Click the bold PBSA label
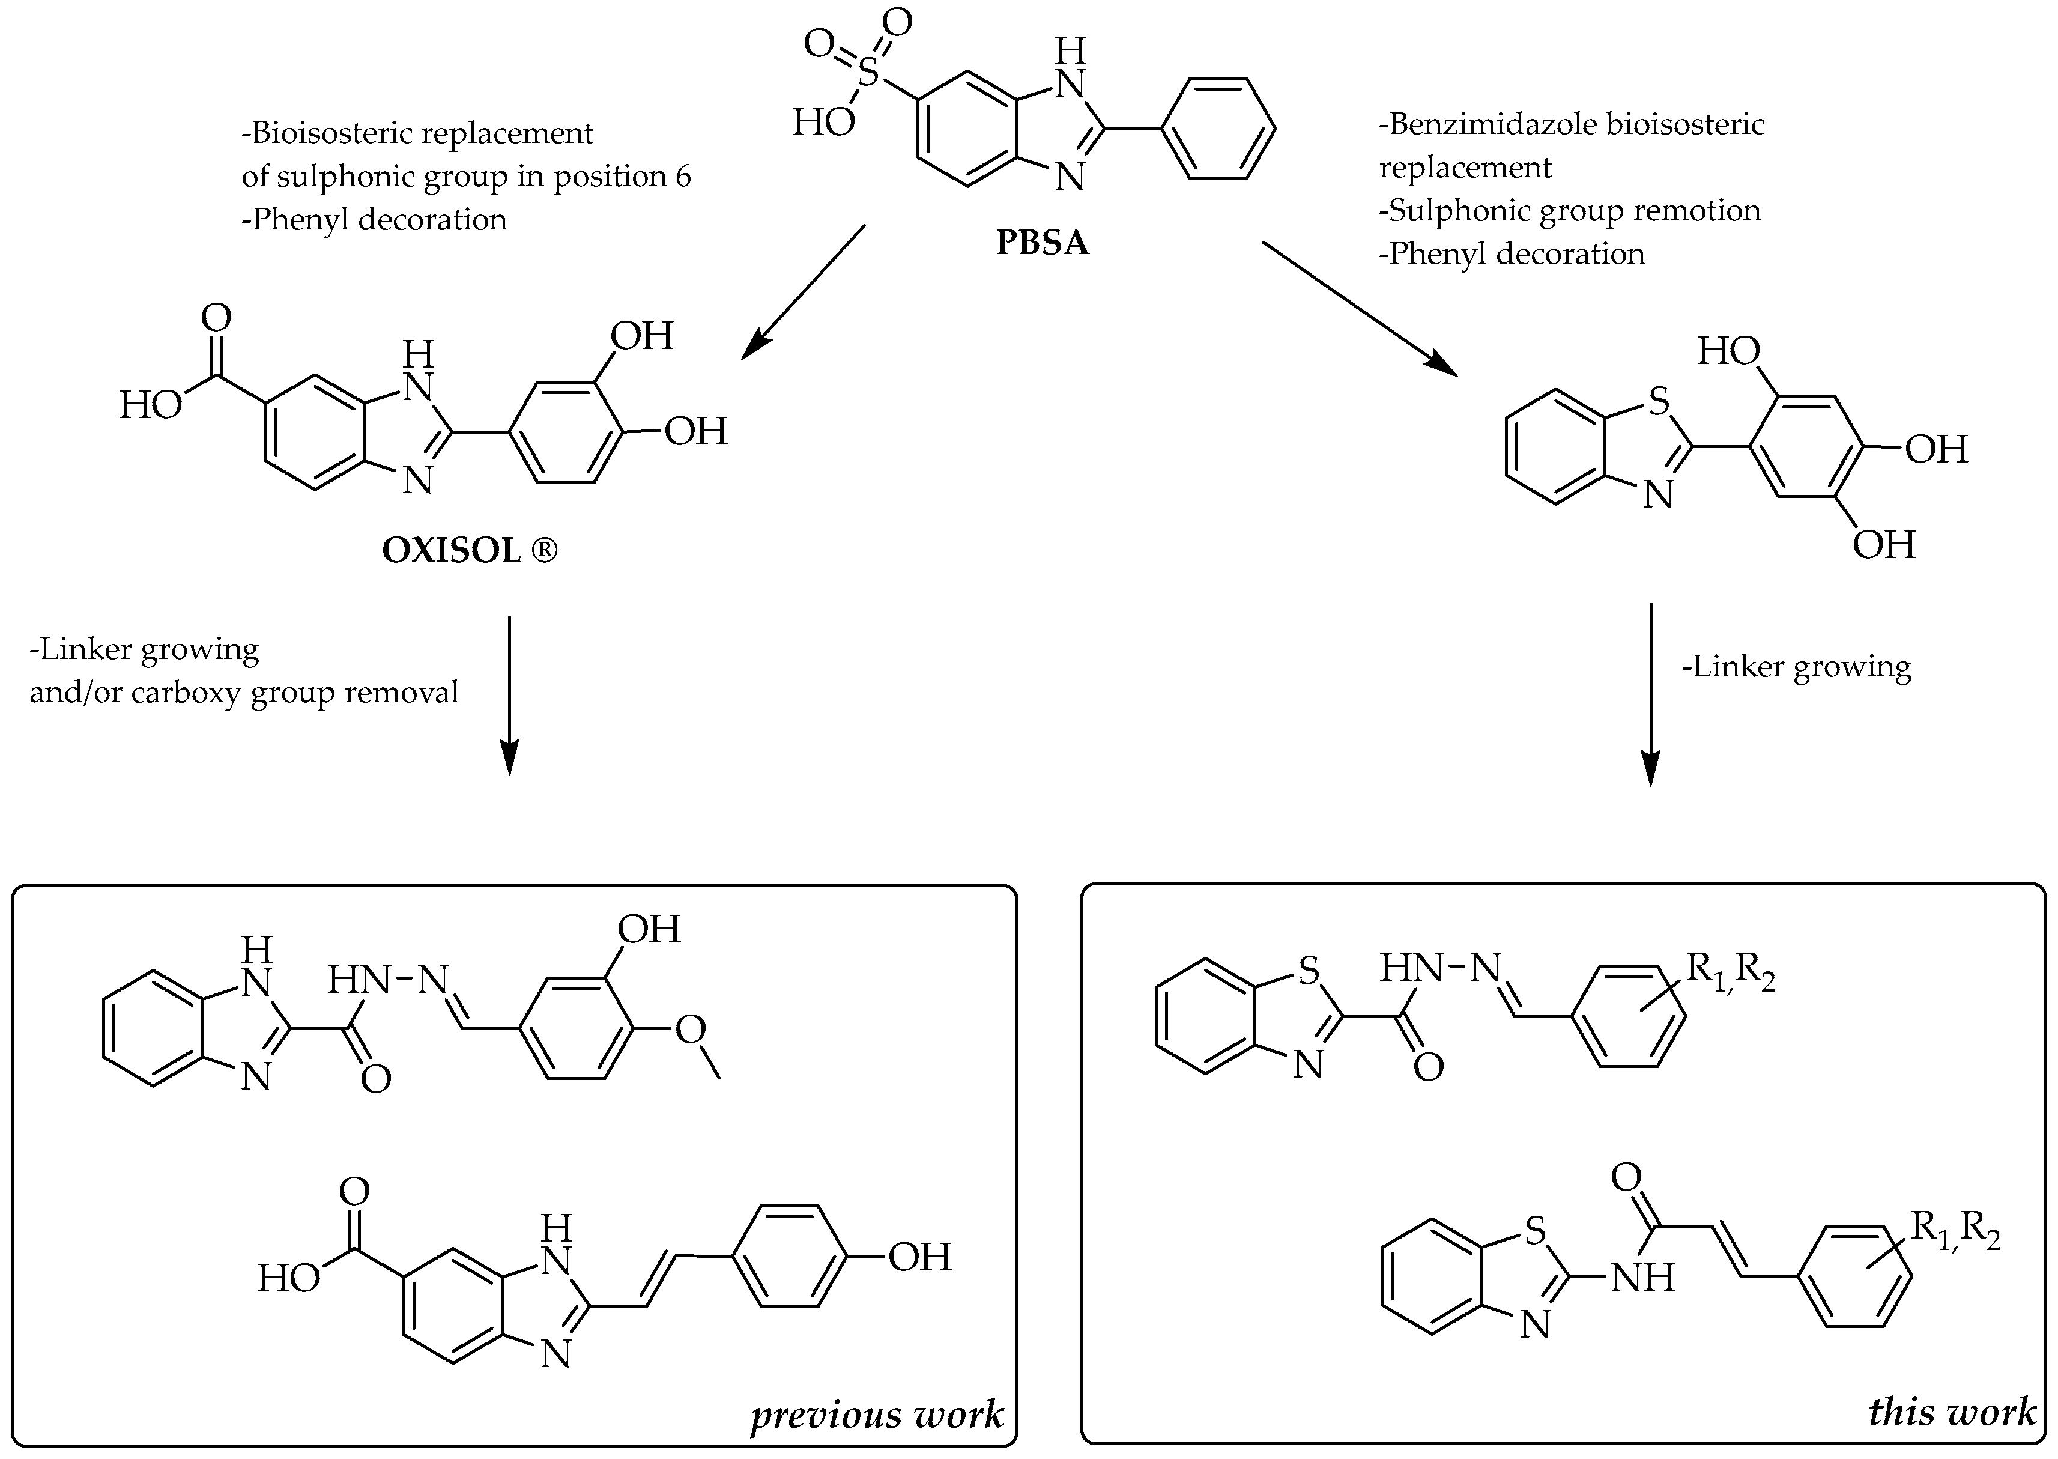[x=1042, y=243]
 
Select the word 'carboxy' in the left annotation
[x=186, y=693]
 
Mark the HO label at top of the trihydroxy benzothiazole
[x=1728, y=351]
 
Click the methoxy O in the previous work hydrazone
[x=690, y=1030]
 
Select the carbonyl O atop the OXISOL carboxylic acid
[x=216, y=317]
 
